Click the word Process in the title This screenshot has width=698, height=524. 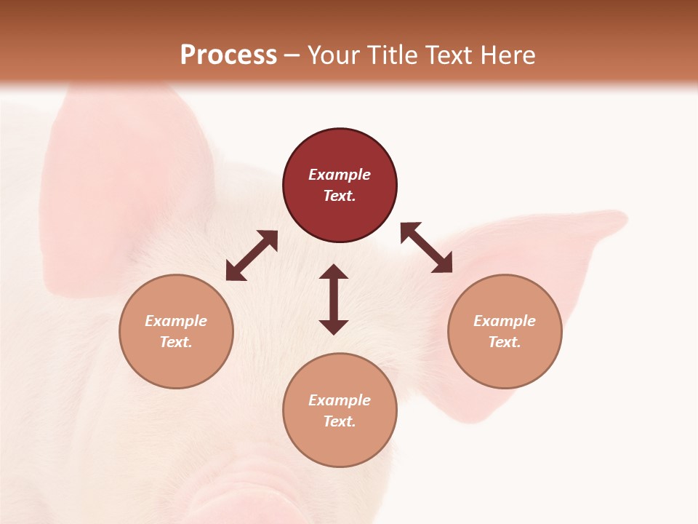228,55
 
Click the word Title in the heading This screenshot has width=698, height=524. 392,55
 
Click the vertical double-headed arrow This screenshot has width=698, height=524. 334,299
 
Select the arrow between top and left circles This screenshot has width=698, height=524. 252,255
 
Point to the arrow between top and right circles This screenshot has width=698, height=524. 427,247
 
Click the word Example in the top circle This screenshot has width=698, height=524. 340,175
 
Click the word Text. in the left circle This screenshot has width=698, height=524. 176,342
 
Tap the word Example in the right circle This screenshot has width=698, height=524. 505,321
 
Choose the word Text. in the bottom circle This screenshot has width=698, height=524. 340,421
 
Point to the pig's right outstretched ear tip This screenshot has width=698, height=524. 611,220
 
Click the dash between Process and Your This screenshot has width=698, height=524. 291,55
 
